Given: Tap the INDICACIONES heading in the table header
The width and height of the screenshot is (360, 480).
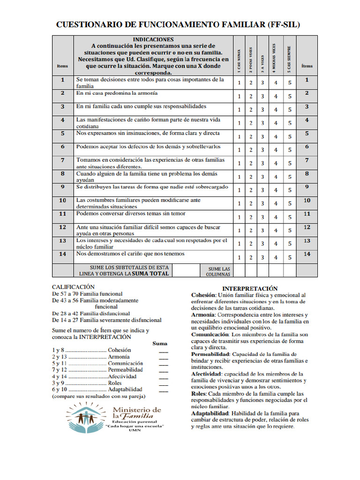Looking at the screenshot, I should click(x=153, y=40).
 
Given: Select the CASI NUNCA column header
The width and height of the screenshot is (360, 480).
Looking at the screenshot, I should click(x=239, y=60).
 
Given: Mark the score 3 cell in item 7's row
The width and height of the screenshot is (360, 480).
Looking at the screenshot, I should click(x=262, y=164).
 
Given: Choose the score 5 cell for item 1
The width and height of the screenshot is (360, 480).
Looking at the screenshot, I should click(x=290, y=83).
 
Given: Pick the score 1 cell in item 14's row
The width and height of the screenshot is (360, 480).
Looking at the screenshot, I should click(x=239, y=257).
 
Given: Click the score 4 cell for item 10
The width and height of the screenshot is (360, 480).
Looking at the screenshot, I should click(x=276, y=204).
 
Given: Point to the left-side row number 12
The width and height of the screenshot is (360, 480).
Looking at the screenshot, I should click(x=62, y=227).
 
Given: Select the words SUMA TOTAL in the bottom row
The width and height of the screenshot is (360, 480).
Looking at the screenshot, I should click(x=150, y=273).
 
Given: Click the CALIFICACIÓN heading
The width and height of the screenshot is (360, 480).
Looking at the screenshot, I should click(x=73, y=286).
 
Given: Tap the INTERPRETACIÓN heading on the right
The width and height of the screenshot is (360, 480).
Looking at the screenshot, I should click(x=250, y=288).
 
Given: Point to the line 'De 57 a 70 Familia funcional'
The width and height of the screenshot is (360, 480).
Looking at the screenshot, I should click(x=87, y=293).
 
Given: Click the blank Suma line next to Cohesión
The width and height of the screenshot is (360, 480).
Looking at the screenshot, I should click(x=163, y=351).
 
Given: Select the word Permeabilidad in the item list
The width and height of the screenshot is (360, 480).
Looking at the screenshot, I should click(x=125, y=370).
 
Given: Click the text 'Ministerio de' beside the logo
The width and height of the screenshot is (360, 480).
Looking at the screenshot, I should click(x=137, y=410).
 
